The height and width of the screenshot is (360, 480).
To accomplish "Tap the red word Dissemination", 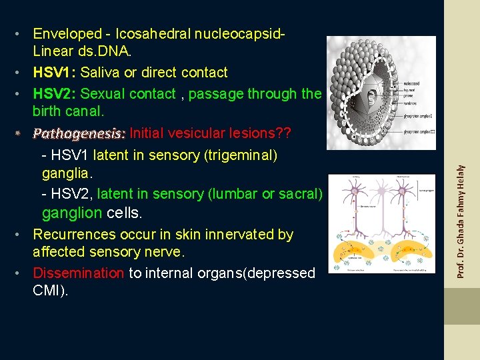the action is tap(78, 273).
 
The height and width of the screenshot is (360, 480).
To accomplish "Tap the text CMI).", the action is tap(51, 291).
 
